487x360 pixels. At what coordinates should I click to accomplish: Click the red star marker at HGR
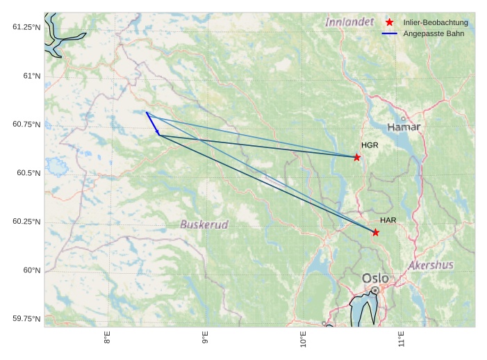tap(357, 157)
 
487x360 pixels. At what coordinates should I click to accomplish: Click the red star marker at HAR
tap(376, 232)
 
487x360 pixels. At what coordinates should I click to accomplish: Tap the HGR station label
tap(370, 145)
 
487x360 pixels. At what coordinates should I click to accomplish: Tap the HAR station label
tap(388, 220)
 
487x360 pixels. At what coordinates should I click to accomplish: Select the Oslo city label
tap(375, 278)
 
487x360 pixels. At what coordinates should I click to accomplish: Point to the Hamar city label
tap(404, 128)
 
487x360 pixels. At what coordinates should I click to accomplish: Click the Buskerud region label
tap(204, 224)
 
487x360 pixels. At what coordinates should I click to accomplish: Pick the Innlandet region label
tap(349, 22)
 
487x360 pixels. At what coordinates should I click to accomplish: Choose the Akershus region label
tap(431, 265)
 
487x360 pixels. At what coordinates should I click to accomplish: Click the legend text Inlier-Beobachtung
tap(436, 23)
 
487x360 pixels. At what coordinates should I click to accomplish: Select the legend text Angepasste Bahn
tap(434, 33)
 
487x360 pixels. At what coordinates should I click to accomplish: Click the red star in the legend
tap(390, 23)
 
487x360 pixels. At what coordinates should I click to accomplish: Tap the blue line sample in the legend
tap(390, 33)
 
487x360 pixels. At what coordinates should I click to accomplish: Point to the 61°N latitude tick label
tap(28, 75)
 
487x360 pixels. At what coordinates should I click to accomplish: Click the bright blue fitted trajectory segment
tap(153, 123)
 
